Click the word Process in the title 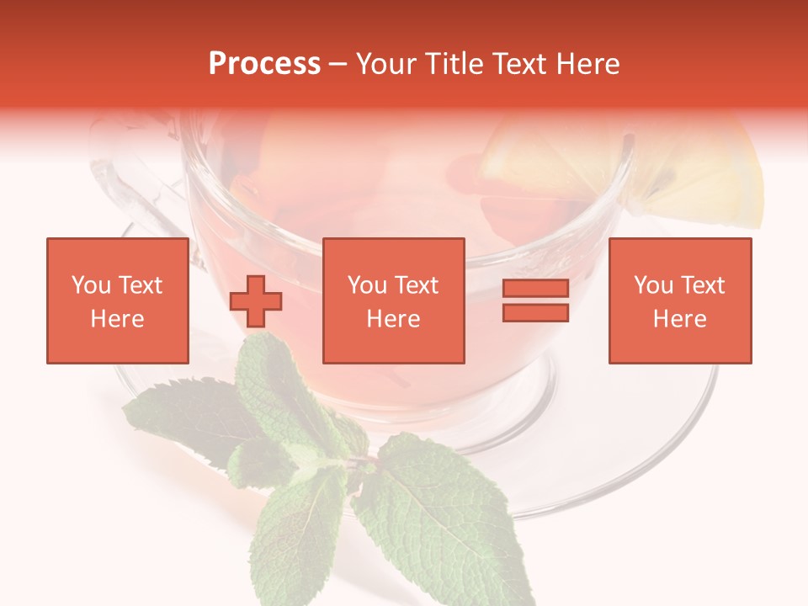coord(264,64)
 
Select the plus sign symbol coord(256,300)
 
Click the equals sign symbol coord(535,300)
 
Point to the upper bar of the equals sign coord(535,289)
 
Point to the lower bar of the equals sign coord(535,312)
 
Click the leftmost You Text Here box coord(117,300)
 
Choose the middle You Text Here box coord(393,300)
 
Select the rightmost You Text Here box coord(679,300)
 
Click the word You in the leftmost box coord(90,285)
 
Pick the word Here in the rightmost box coord(679,319)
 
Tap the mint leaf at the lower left coord(181,421)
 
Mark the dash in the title coord(338,64)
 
